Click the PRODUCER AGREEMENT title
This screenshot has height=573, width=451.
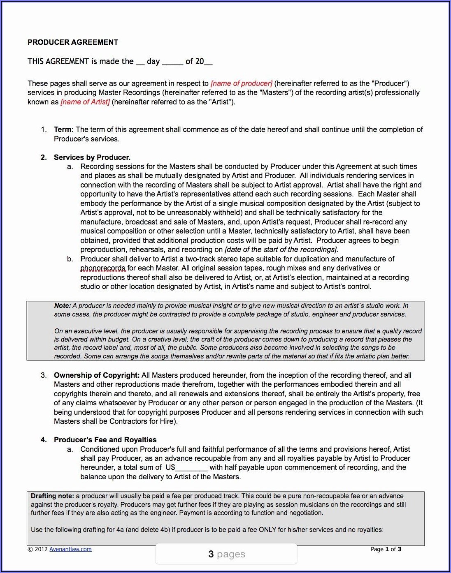tap(73, 42)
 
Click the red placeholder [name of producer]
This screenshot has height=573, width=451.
tap(242, 83)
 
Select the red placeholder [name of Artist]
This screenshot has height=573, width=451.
tap(85, 102)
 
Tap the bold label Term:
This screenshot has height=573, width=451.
tap(64, 129)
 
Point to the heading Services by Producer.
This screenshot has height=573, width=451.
tap(92, 157)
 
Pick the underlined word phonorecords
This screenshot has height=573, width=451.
tap(103, 268)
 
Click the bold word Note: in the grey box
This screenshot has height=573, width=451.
tap(63, 306)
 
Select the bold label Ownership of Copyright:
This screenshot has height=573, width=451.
tap(97, 375)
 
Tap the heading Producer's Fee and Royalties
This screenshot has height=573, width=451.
tap(105, 440)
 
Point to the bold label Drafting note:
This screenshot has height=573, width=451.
tap(52, 496)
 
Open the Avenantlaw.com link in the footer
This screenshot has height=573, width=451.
tap(70, 549)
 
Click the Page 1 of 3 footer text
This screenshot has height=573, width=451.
tap(386, 549)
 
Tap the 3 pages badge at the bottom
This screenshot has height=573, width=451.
tap(226, 554)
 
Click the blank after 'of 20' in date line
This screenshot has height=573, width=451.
tap(208, 62)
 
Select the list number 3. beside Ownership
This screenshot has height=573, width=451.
tap(44, 375)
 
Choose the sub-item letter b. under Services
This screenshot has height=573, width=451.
tap(70, 259)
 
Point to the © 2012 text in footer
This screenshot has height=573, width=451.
tap(37, 549)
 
